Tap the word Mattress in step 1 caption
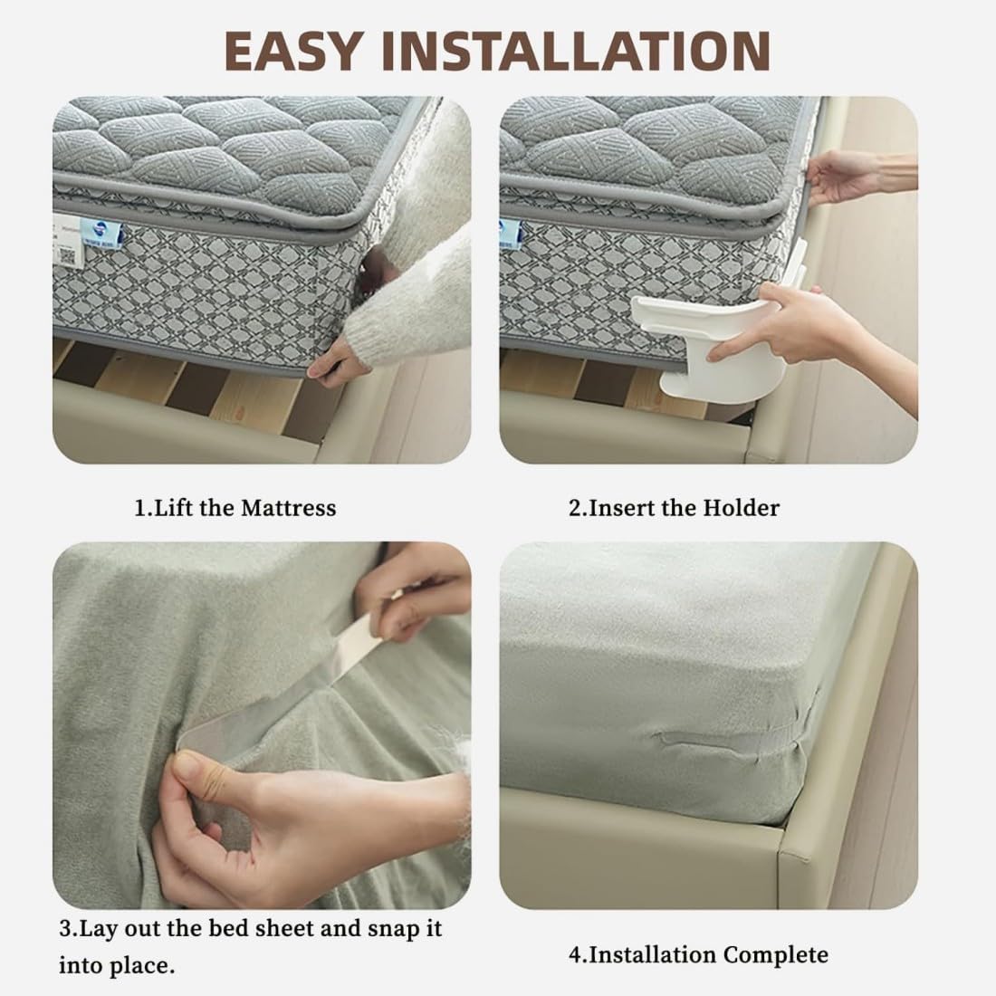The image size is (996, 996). pos(288,508)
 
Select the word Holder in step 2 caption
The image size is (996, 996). pos(742,508)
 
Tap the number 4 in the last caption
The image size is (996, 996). pos(575,955)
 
